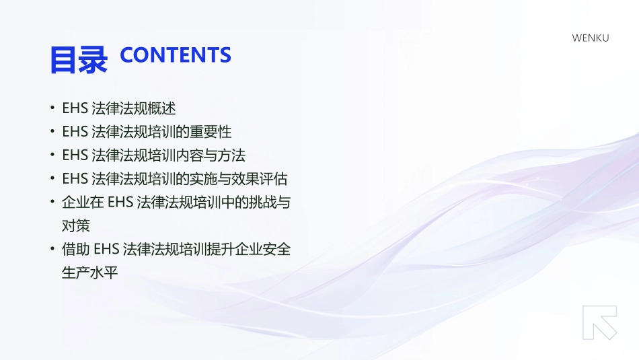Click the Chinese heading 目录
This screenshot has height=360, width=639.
pos(79,59)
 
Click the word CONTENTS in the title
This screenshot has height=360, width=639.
pos(176,55)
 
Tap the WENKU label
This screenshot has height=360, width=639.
pos(590,38)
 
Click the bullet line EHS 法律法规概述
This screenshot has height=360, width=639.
pos(119,108)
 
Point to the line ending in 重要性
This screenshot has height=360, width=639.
pos(147,132)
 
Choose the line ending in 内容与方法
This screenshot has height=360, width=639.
pos(153,155)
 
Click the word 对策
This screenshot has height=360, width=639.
pos(76,225)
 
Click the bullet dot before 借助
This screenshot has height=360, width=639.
pos(52,250)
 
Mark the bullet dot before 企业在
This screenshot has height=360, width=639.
pos(52,202)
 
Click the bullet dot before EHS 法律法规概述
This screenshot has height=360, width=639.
pos(52,108)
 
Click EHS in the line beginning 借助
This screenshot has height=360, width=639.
pos(106,250)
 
